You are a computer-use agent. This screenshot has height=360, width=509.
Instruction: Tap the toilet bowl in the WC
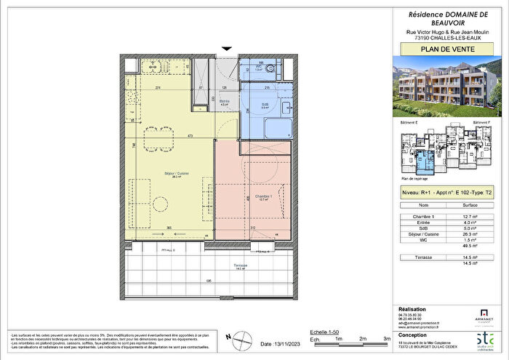[x=270, y=70]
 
